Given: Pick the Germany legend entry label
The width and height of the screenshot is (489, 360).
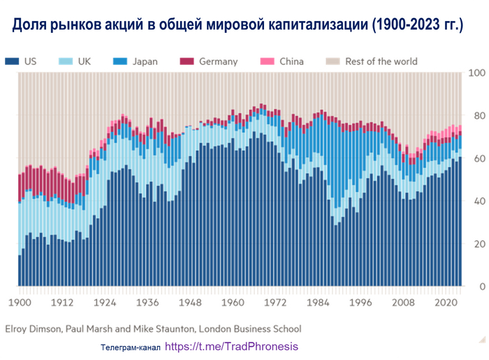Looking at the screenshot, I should tap(218, 61).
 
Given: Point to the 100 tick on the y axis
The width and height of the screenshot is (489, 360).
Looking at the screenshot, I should tap(476, 73).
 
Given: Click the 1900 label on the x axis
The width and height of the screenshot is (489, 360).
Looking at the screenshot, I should tap(20, 303).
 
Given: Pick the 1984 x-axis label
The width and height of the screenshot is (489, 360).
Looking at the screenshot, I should tap(319, 303).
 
